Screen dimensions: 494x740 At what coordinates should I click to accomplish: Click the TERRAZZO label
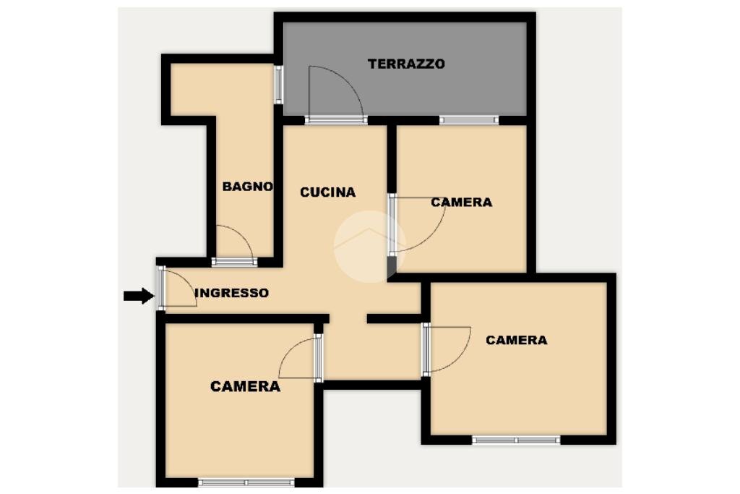point(406,64)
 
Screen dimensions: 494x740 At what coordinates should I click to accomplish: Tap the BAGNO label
point(248,187)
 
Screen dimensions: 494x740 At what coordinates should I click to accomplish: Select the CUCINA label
point(328,192)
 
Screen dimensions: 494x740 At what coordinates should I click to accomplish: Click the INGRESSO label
point(232,293)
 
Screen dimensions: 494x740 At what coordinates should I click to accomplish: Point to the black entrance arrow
point(138,295)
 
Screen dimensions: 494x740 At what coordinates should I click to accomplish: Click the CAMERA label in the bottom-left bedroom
point(245,386)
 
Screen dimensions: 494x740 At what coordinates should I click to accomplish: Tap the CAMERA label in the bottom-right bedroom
point(516,340)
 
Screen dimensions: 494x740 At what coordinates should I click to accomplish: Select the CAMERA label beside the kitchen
point(461,203)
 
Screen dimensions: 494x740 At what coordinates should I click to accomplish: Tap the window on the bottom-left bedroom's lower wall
point(246,482)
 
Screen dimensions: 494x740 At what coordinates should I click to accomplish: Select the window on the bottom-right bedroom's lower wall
point(516,439)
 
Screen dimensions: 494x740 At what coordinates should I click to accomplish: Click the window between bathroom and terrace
point(278,85)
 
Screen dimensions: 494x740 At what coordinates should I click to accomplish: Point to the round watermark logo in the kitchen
point(369,246)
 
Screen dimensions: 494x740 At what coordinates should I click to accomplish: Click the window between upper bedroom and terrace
point(468,120)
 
